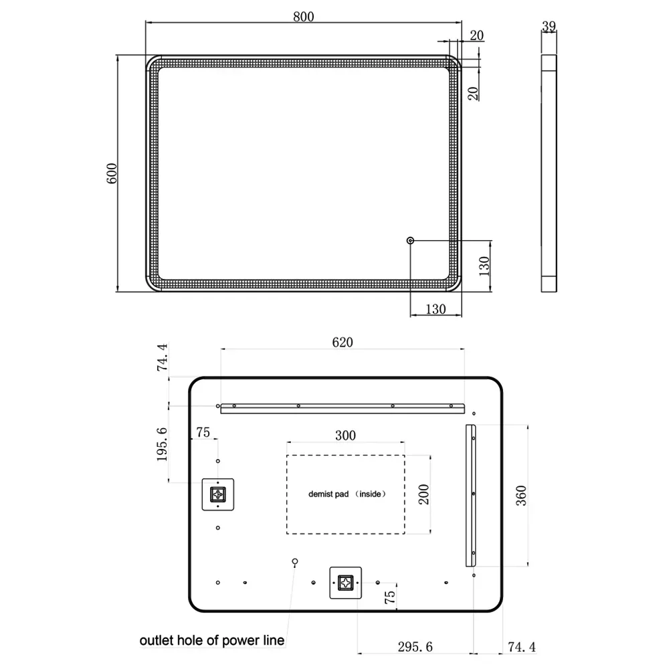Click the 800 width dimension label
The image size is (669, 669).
point(303,17)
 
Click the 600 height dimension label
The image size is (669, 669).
point(111,173)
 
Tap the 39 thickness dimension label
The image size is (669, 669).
point(549,27)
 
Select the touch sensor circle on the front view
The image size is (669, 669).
point(411,241)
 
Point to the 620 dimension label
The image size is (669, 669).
point(342,342)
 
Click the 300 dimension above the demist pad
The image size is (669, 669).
point(345,436)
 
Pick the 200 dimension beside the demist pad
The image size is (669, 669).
point(423,494)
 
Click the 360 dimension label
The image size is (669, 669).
point(521,496)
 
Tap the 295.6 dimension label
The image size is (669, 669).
point(415,647)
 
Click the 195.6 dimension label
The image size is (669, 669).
point(162,444)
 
